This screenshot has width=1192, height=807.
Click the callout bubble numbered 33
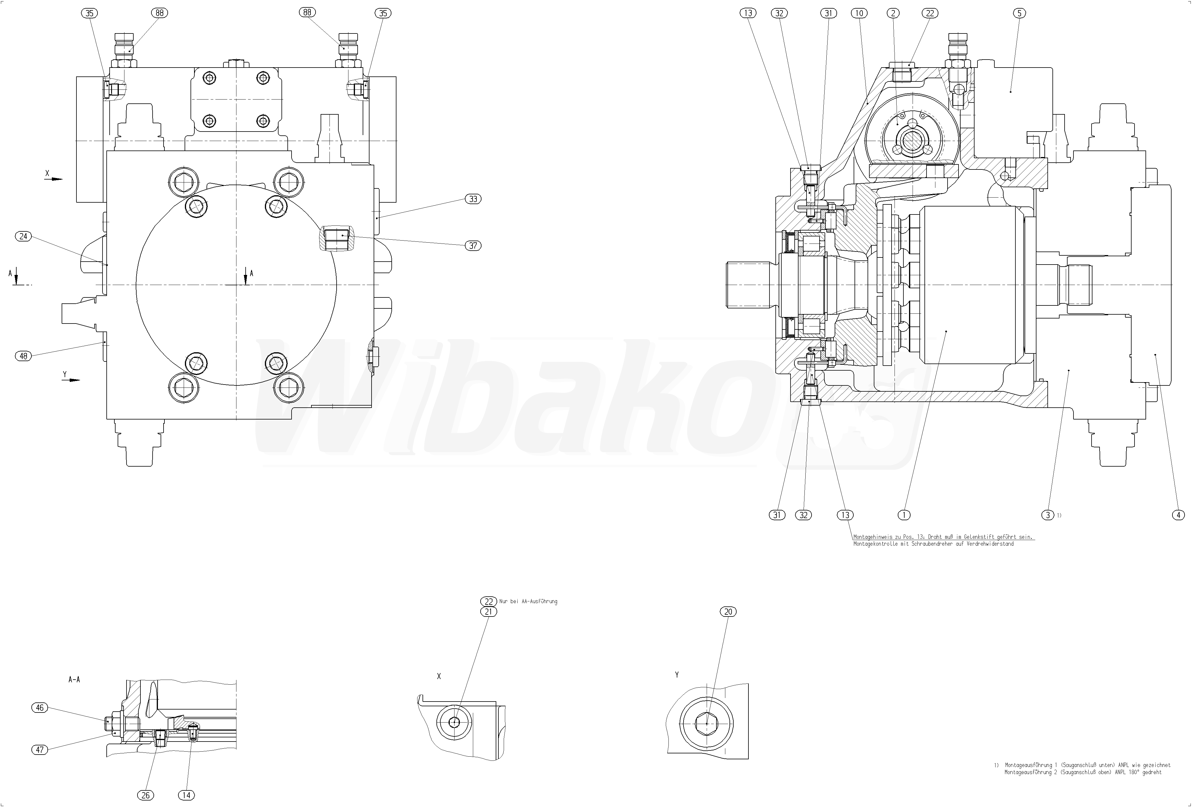point(473,199)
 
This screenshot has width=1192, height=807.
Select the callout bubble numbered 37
point(473,246)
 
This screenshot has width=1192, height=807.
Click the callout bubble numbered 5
point(1019,13)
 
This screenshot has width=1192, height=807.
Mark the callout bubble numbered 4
point(1178,515)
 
